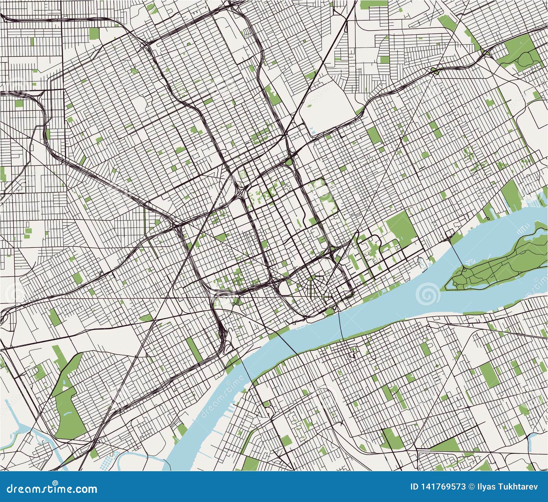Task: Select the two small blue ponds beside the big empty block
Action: click(x=313, y=130)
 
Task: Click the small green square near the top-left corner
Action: click(x=94, y=33)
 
